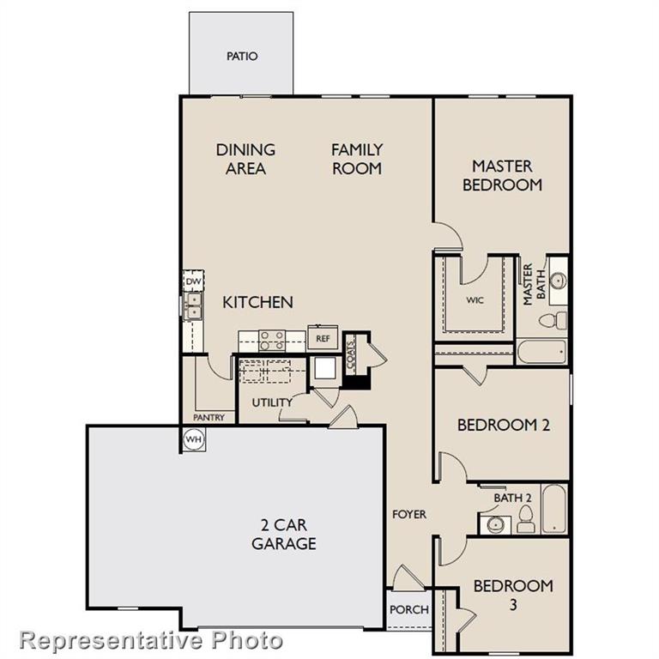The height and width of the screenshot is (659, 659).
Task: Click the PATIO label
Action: [242, 57]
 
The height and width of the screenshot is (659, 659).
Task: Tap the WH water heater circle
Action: [193, 439]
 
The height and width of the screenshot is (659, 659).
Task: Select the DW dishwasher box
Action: [194, 281]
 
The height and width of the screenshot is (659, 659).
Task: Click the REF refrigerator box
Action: [323, 338]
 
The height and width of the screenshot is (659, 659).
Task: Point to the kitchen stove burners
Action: [272, 341]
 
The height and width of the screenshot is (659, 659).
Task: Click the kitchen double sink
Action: [194, 305]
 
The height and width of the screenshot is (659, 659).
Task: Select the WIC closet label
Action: [475, 301]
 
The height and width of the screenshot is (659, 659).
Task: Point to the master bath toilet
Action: [553, 320]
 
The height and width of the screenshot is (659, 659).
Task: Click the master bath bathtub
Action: [541, 352]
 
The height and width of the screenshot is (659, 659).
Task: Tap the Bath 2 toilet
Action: [525, 518]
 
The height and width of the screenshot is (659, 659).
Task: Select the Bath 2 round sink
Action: [495, 524]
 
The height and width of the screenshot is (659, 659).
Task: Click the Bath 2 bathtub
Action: [554, 510]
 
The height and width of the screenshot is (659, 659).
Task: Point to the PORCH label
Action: [408, 610]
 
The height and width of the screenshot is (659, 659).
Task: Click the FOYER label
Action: [409, 514]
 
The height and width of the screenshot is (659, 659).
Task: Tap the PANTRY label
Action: [209, 418]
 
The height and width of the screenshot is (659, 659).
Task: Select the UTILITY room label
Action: [272, 402]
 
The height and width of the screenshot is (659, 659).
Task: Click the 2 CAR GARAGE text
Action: [283, 535]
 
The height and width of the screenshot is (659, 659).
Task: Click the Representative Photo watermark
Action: [151, 639]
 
